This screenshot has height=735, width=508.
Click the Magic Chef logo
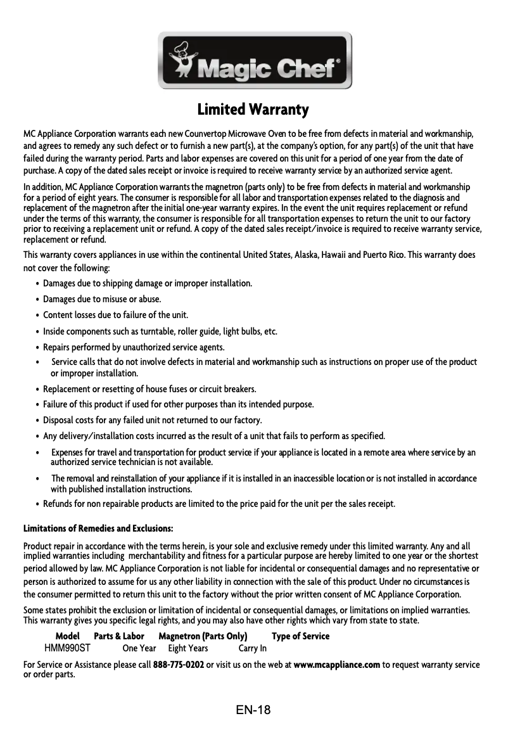[255, 61]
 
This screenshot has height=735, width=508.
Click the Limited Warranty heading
[253, 110]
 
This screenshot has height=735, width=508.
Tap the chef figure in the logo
[184, 60]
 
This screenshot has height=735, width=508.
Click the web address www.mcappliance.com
[336, 665]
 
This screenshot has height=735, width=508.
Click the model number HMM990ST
[67, 648]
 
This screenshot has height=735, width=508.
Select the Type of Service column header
[300, 636]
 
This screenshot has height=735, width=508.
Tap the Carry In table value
[252, 648]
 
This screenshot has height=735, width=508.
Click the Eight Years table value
[187, 648]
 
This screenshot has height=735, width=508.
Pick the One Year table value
[139, 648]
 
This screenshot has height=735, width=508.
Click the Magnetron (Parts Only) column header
[203, 636]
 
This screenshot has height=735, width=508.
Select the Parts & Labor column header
[119, 636]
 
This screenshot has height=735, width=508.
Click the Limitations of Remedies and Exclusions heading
[98, 528]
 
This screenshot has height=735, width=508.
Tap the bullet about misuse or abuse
[101, 299]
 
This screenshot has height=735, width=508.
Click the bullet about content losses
[115, 315]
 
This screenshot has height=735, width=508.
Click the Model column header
[68, 636]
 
